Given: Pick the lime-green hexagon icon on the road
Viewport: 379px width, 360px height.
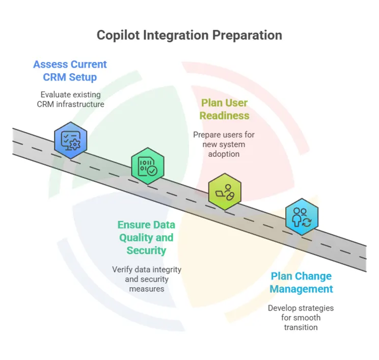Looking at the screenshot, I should coord(225,191).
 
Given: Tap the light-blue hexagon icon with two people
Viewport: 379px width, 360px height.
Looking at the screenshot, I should coord(302,216).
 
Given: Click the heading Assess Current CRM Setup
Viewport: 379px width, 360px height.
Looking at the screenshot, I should coord(70,71).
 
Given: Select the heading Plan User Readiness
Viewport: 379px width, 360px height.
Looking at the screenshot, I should coord(225,109).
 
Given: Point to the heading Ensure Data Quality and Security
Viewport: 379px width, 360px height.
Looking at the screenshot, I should coord(146,237).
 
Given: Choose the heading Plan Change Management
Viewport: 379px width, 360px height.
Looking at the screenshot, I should coord(301,283).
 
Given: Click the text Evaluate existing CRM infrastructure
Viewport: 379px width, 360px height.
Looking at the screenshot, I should coord(70,99).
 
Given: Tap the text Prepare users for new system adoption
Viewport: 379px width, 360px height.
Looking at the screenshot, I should coord(224,144).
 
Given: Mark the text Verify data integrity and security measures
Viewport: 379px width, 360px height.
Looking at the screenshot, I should coord(147,279).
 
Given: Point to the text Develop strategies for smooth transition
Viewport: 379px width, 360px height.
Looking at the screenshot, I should coord(301,318).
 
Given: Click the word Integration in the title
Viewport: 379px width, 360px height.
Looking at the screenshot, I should coord(176,35).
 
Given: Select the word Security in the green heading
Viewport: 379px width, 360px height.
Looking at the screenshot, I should coord(147,250).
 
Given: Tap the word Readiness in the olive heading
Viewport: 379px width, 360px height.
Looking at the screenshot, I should coord(225,116).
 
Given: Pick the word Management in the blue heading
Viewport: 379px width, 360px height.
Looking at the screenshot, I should coord(301,289).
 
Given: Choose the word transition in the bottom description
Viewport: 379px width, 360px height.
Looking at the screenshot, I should coord(301,327).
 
